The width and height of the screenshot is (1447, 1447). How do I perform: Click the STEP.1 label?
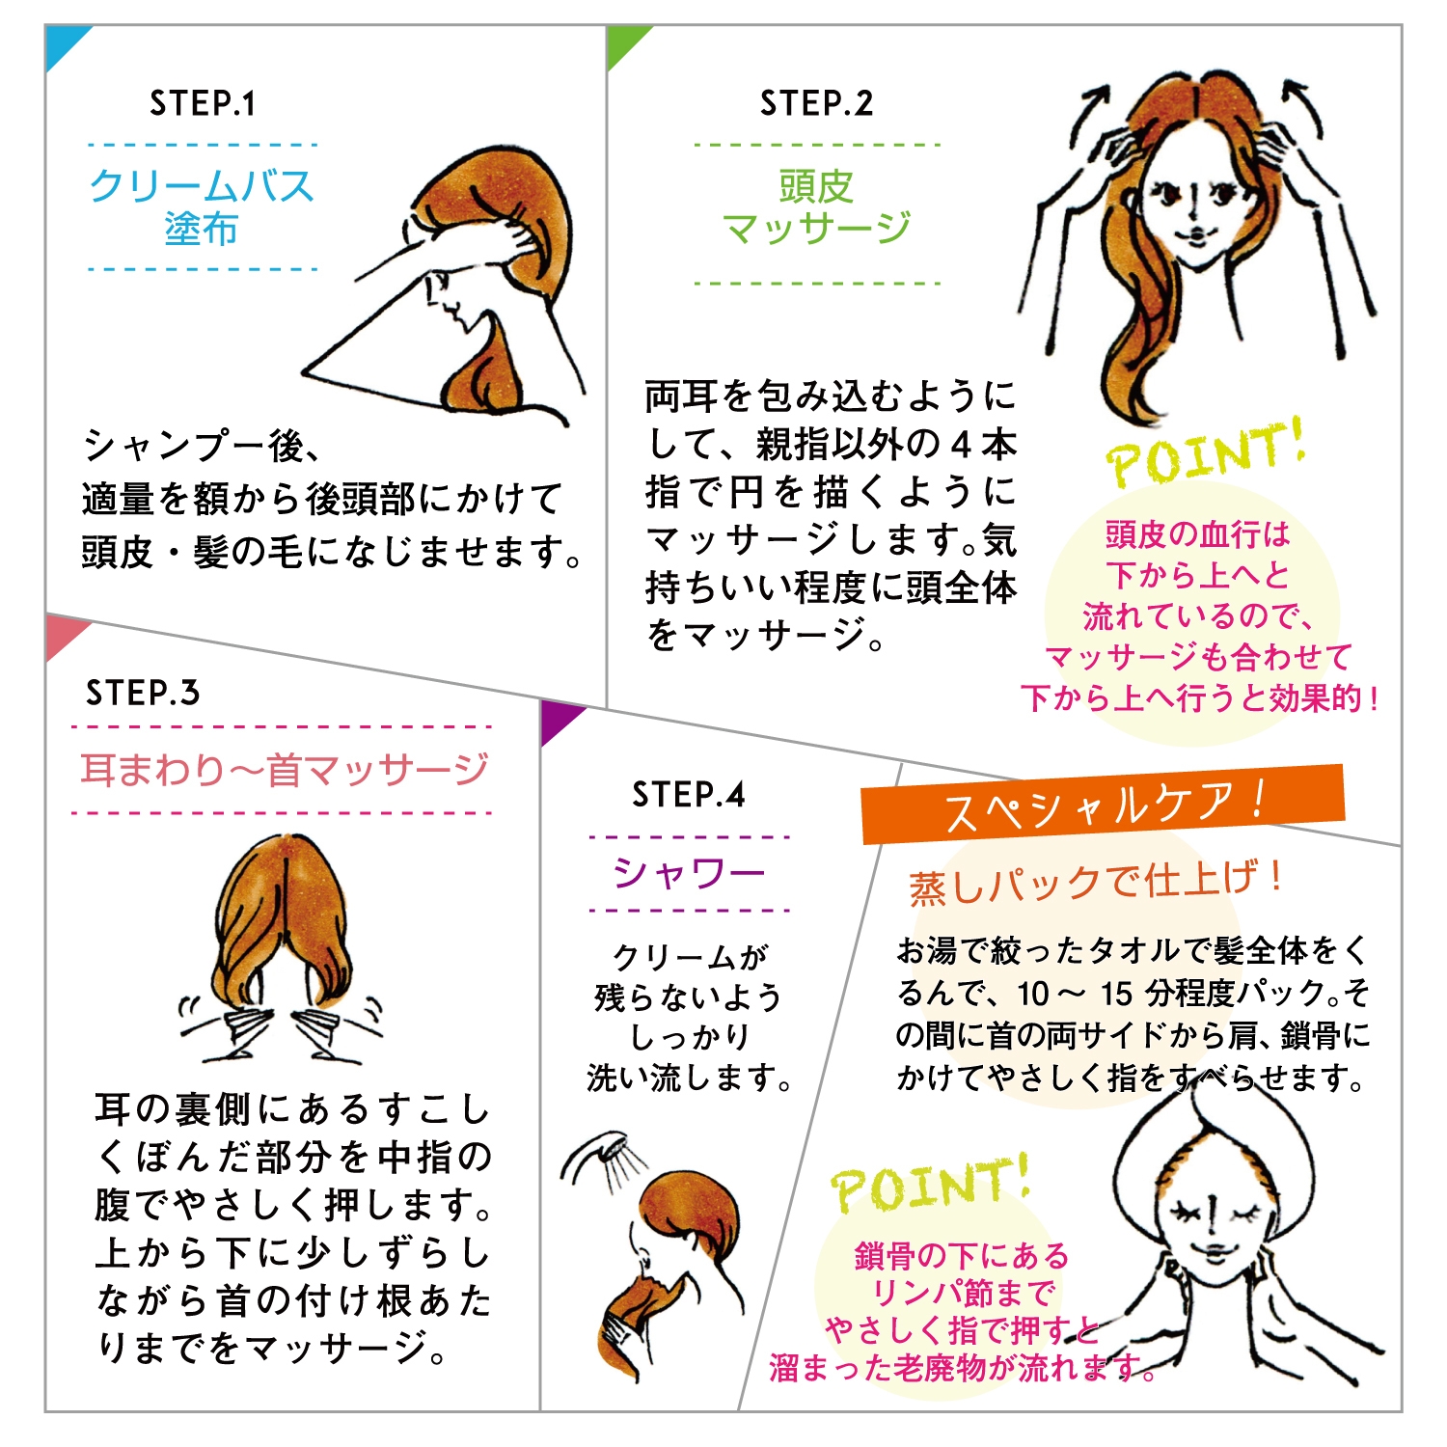(203, 103)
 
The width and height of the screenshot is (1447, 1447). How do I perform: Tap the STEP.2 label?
(816, 103)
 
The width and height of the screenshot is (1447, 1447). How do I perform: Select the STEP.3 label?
(143, 693)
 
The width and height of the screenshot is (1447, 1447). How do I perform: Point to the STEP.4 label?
(689, 795)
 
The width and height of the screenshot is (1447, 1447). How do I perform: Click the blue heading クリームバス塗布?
(202, 206)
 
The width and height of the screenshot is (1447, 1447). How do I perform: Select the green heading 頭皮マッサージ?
(816, 206)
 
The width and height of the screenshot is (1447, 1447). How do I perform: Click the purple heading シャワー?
(689, 873)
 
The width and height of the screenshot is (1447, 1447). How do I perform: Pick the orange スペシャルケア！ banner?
(1102, 805)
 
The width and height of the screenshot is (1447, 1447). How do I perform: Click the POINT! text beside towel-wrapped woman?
(930, 1185)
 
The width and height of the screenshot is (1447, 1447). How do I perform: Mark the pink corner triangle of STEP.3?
(61, 633)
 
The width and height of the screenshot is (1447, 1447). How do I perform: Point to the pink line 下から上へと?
(1197, 576)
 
